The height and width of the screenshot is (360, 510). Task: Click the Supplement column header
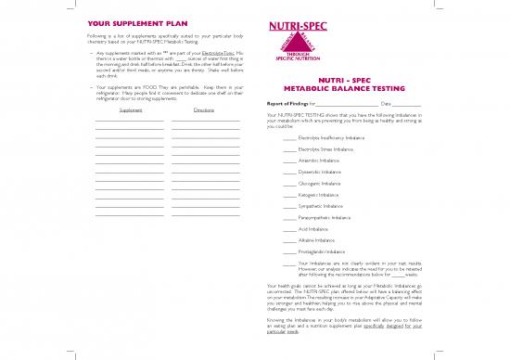(x=131, y=109)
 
